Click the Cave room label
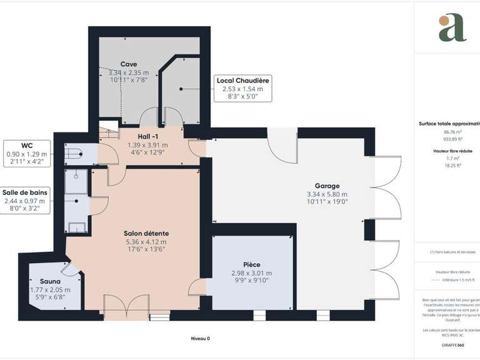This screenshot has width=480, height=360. click(x=128, y=64)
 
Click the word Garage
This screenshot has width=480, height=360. click(x=327, y=186)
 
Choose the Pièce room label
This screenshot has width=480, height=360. click(x=251, y=264)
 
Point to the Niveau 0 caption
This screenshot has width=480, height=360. click(x=200, y=338)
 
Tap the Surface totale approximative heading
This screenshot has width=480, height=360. click(x=450, y=124)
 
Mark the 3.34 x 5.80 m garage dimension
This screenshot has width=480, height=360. click(x=327, y=194)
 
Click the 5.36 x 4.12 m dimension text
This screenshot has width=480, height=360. click(x=146, y=242)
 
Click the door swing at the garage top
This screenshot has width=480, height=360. click(x=282, y=147)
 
